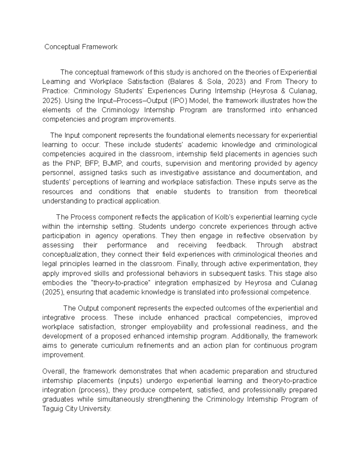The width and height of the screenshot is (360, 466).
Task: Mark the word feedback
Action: [231, 245]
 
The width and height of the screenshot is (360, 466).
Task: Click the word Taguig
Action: [52, 409]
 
